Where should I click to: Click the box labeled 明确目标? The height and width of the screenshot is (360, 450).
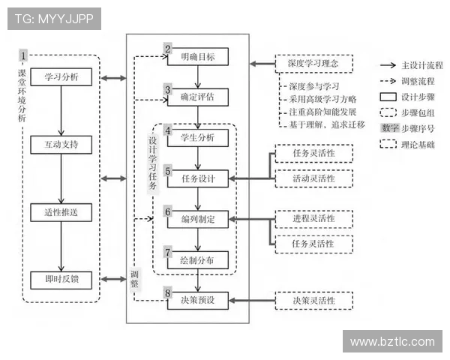[x=197, y=58]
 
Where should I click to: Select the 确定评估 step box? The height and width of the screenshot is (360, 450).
[x=197, y=97]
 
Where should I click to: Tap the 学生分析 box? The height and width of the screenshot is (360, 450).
[x=197, y=138]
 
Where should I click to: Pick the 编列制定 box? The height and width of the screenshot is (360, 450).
[x=197, y=220]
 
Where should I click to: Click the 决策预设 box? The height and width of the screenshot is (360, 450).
[x=197, y=300]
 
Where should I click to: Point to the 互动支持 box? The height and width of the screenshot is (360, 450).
[x=61, y=142]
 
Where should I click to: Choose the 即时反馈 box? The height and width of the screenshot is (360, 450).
[x=61, y=280]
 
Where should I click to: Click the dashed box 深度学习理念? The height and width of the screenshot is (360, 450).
[x=313, y=64]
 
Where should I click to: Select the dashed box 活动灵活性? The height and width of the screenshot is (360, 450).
[x=313, y=178]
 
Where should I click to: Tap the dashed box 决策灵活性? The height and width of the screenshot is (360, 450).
[x=313, y=301]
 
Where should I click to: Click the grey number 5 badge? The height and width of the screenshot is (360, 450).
[x=168, y=171]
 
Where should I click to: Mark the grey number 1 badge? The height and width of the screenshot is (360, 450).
[x=23, y=55]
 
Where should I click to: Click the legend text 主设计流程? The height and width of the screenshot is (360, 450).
[x=422, y=65]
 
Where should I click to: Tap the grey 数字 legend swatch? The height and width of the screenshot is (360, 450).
[x=389, y=127]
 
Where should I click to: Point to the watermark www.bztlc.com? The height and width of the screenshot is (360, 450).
[x=392, y=341]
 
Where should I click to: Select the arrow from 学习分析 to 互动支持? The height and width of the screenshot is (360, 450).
[x=61, y=110]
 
